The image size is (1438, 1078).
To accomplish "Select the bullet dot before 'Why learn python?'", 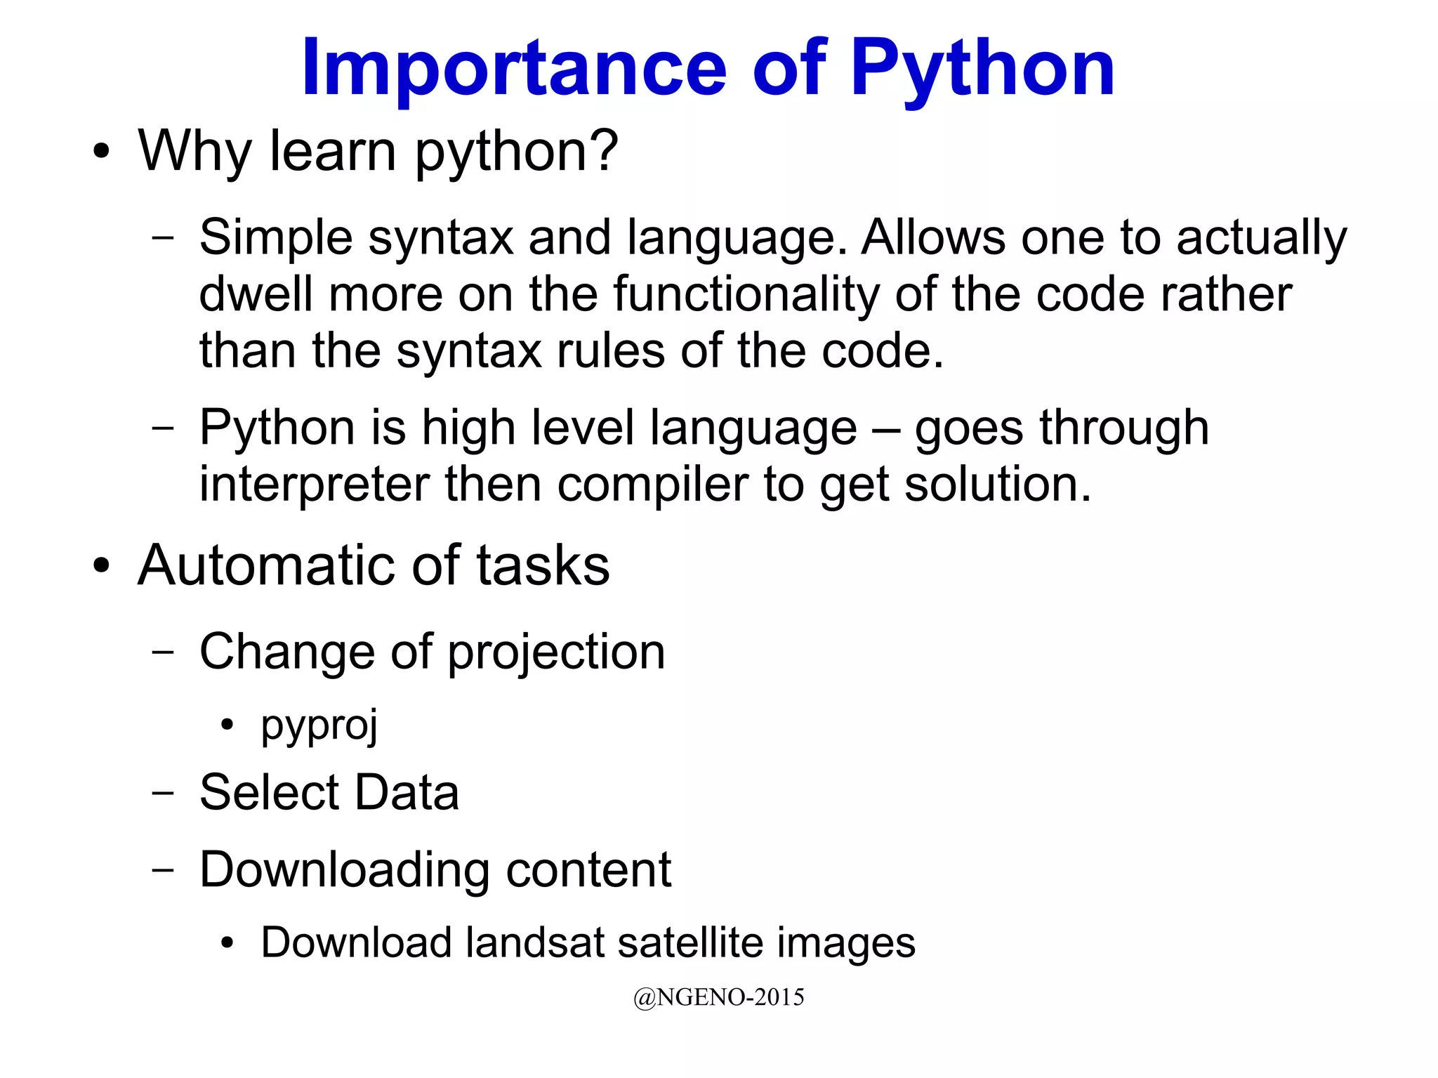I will pos(102,151).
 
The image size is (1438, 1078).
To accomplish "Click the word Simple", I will pos(275,237).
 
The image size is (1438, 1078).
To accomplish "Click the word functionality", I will pos(746,294).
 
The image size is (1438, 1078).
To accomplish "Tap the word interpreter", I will pos(314,485).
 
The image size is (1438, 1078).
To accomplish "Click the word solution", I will pos(997,485).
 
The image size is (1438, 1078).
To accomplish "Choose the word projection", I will pos(556,652).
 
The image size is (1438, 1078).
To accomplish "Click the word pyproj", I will pos(319,725).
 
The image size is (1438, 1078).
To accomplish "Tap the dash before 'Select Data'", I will pos(163,792).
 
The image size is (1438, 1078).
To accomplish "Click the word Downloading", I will pos(344,870).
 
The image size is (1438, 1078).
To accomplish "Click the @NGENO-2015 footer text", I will pos(718,997).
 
